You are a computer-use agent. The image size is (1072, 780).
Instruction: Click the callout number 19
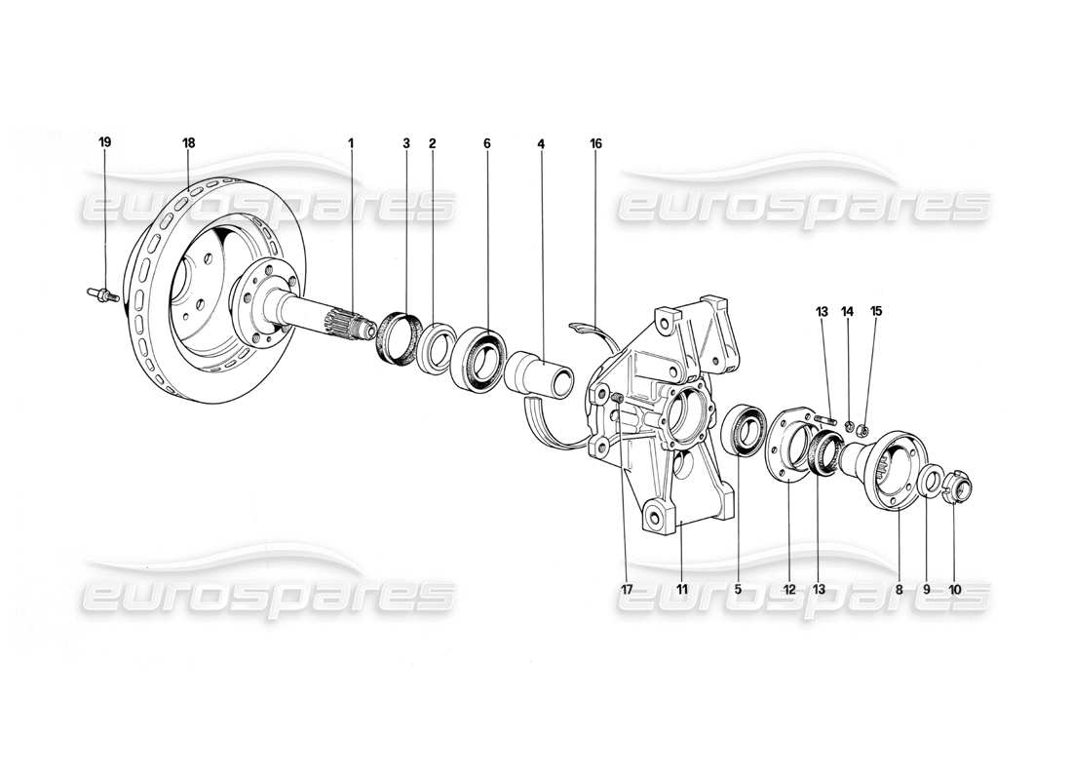pos(104,142)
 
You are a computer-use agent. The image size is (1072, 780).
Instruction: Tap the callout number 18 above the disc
pos(188,142)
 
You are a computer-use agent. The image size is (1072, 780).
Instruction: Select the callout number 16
pos(595,143)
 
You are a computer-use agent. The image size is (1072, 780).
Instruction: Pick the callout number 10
pos(954,589)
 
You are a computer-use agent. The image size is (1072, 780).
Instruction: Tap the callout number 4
pos(540,143)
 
